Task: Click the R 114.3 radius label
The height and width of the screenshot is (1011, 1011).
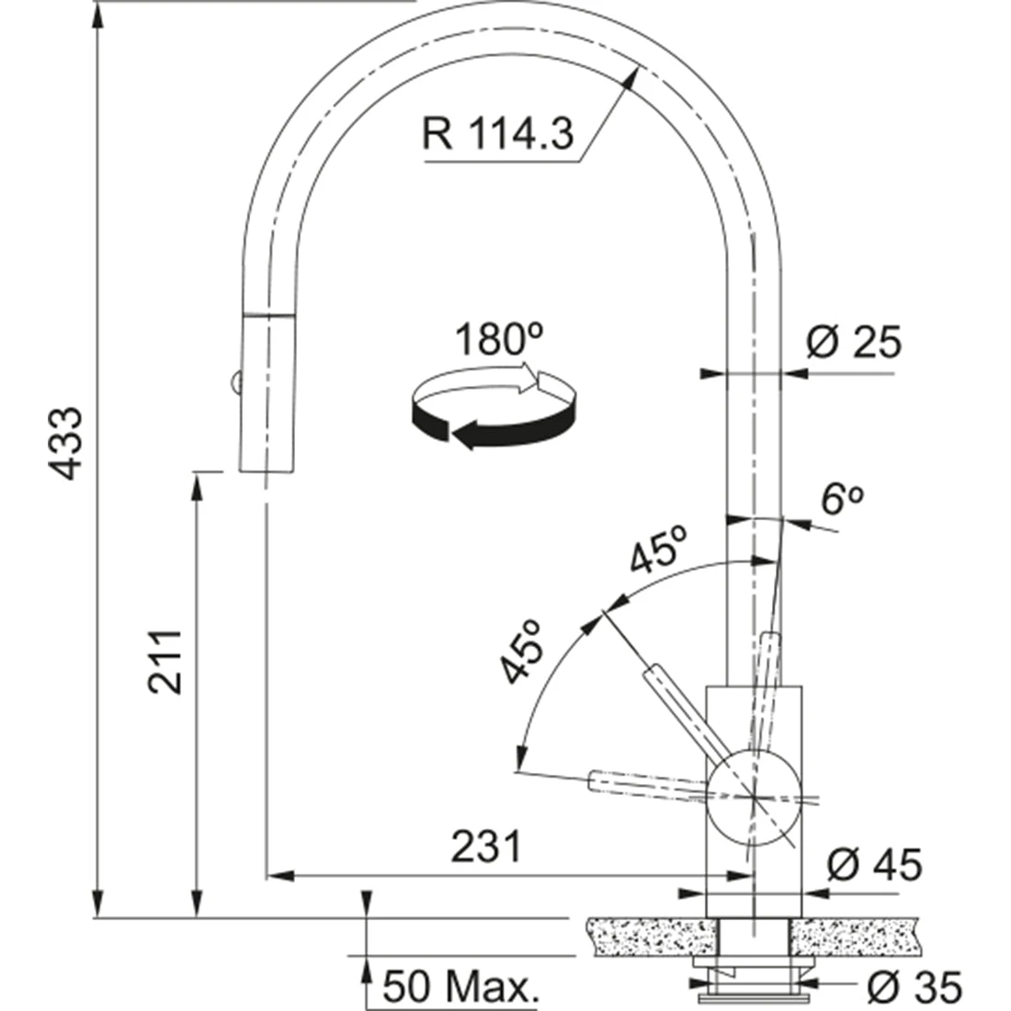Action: [497, 133]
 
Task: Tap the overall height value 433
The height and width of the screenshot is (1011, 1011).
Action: [67, 443]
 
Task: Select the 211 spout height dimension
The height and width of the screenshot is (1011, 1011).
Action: [165, 662]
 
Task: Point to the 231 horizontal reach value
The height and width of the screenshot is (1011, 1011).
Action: [485, 846]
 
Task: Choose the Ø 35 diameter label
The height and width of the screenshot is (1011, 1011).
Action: [914, 986]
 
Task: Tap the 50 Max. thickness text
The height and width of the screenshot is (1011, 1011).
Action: [460, 986]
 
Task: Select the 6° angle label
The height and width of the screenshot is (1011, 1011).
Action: [842, 498]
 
